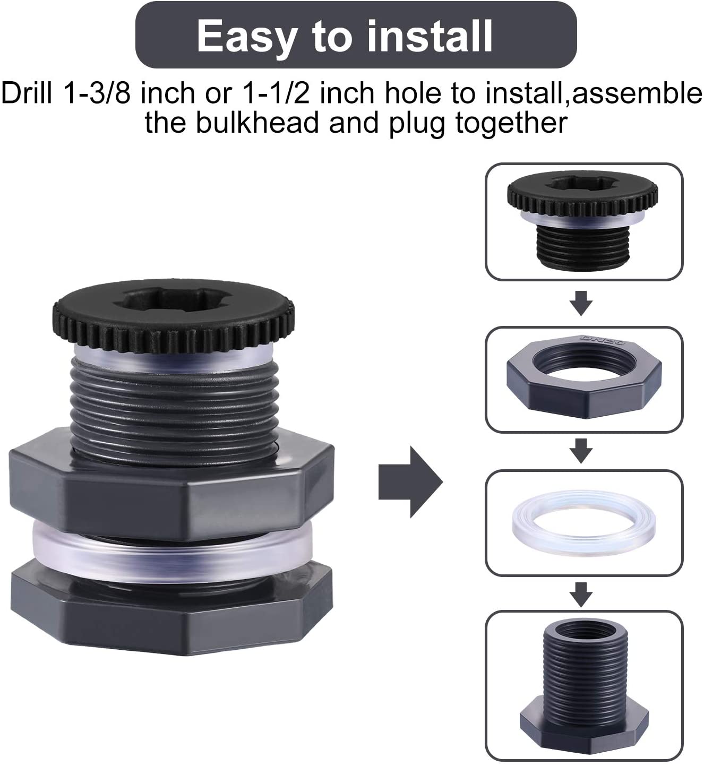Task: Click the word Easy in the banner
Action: point(247,36)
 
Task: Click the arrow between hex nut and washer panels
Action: point(581,451)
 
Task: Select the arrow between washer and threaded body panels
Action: point(581,595)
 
